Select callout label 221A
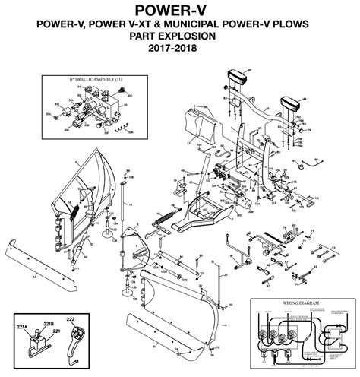[x=22, y=327]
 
